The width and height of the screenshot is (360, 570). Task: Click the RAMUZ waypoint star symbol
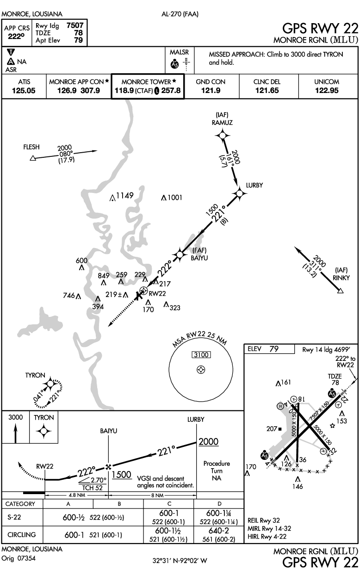223,135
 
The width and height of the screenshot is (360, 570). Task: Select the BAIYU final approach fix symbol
180,254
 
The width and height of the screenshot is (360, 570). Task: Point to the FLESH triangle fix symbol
32,159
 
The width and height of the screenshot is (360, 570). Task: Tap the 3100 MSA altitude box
201,355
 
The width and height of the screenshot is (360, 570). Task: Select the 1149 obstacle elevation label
124,195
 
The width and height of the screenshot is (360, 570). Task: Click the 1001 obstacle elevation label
174,198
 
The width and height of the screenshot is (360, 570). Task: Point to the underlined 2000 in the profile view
208,442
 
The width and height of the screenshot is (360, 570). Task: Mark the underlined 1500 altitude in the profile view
123,475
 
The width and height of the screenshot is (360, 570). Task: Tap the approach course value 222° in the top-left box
17,36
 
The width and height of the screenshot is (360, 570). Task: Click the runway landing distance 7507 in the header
75,26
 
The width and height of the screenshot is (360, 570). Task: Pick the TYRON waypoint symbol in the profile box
44,433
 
